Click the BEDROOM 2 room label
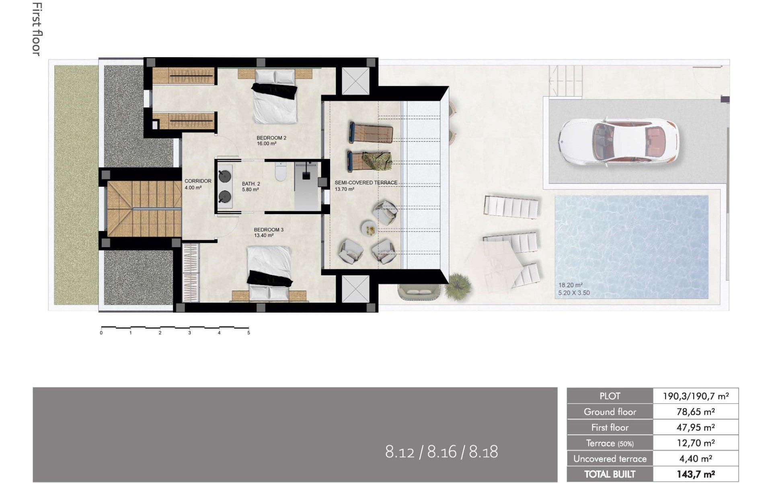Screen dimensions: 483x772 pyautogui.click(x=271, y=138)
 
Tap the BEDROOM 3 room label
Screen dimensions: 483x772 pyautogui.click(x=269, y=230)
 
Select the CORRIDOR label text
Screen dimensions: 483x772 pyautogui.click(x=198, y=181)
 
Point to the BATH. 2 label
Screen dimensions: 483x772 pyautogui.click(x=251, y=184)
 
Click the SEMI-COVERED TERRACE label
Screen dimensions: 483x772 pyautogui.click(x=366, y=183)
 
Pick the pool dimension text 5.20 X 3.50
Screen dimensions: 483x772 pyautogui.click(x=574, y=293)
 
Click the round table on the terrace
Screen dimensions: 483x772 pyautogui.click(x=369, y=229)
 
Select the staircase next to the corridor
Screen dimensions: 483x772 pyautogui.click(x=144, y=208)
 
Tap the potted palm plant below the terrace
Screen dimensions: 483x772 pyautogui.click(x=458, y=285)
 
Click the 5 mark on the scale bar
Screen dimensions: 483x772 pyautogui.click(x=248, y=333)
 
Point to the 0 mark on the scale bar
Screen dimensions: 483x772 pyautogui.click(x=101, y=333)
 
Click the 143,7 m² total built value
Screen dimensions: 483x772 pyautogui.click(x=696, y=474)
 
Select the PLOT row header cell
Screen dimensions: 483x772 pyautogui.click(x=610, y=396)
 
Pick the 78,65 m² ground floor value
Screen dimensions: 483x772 pyautogui.click(x=696, y=412)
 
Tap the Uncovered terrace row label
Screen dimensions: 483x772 pyautogui.click(x=610, y=459)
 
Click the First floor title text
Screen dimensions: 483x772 pyautogui.click(x=37, y=29)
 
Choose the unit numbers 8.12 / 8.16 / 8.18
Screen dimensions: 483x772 pyautogui.click(x=441, y=452)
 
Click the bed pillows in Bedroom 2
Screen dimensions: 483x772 pyautogui.click(x=275, y=76)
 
